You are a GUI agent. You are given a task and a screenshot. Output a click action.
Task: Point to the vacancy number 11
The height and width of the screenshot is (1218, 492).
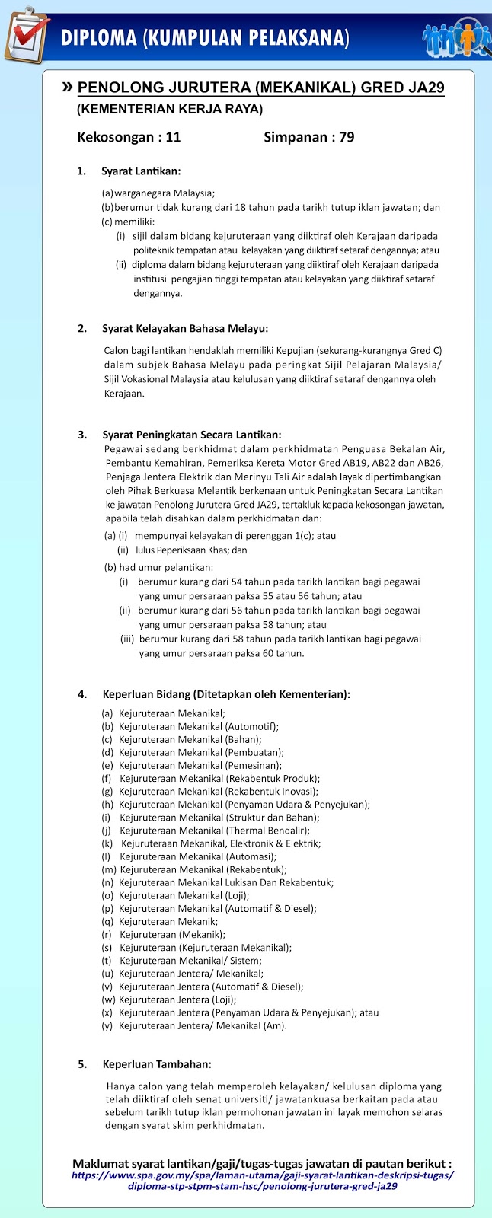tap(173, 138)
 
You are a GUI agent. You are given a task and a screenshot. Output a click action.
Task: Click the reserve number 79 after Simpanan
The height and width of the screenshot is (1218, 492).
tap(347, 138)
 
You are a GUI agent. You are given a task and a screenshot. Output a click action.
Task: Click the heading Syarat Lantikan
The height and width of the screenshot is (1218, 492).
tap(141, 171)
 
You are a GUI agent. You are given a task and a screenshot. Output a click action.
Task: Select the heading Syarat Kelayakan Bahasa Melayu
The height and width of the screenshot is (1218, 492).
tap(185, 329)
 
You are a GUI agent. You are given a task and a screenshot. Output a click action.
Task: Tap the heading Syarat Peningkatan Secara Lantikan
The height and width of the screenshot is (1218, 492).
tap(192, 435)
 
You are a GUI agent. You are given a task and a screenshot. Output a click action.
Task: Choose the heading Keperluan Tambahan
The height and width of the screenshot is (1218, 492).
tap(157, 1064)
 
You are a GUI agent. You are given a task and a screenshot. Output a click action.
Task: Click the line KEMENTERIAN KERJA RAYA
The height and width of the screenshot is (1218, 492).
tap(170, 110)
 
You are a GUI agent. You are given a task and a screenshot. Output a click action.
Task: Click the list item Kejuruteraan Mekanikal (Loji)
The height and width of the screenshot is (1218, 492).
tap(184, 896)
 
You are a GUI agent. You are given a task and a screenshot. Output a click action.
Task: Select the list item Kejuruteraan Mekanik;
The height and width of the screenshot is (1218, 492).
tap(168, 922)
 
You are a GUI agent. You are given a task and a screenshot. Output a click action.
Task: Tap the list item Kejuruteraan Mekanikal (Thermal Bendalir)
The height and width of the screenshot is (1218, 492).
tap(215, 831)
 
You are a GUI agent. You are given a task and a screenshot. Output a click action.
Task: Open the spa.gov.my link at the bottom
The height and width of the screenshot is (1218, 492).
tap(262, 1180)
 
